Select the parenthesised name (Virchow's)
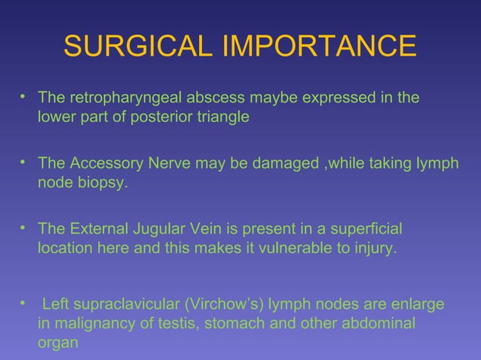(212, 305)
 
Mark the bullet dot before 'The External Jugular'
(24, 226)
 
